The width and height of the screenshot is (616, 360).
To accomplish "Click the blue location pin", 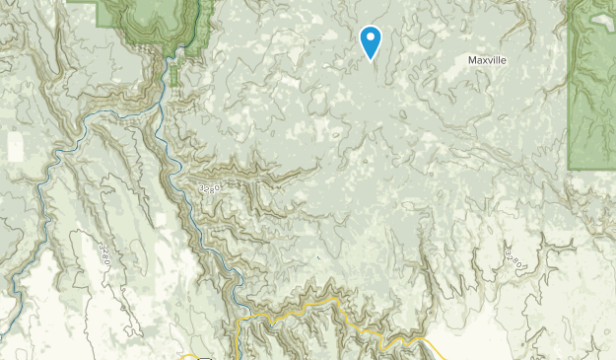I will click(x=371, y=41).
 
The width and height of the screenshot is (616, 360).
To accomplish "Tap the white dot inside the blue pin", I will click(x=371, y=38).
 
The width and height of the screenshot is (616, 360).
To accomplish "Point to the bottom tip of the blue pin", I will click(x=371, y=60).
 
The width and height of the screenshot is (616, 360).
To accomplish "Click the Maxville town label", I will click(x=489, y=60).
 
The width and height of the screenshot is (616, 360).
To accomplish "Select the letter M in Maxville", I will click(x=472, y=60).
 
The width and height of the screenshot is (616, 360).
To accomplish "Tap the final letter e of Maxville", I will click(x=507, y=60).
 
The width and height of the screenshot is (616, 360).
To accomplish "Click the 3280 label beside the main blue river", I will click(x=208, y=186).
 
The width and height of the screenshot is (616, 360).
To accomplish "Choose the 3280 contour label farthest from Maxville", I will click(x=104, y=253).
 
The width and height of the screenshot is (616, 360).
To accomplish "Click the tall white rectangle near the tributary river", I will click(x=15, y=146).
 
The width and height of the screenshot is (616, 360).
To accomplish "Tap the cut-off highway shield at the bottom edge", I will click(x=204, y=357).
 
